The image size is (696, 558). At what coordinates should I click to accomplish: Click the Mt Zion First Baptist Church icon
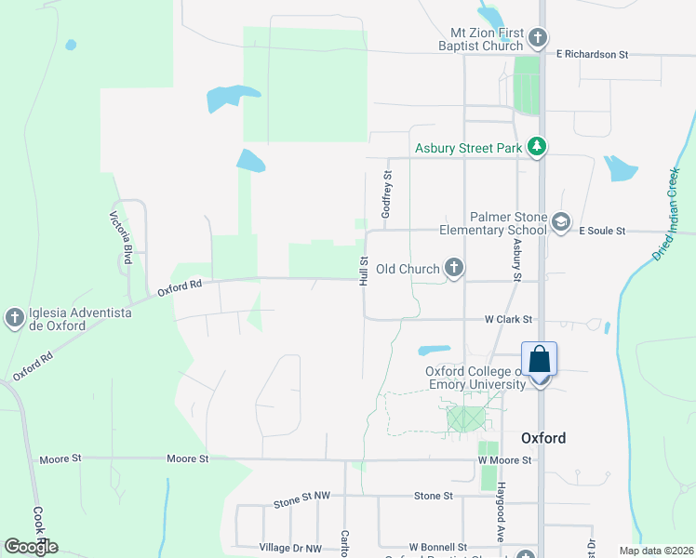pyautogui.click(x=537, y=38)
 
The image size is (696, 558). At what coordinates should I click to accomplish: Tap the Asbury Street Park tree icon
pyautogui.click(x=536, y=147)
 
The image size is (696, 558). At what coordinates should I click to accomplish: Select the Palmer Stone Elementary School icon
pyautogui.click(x=560, y=222)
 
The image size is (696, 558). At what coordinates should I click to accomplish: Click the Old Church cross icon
pyautogui.click(x=453, y=269)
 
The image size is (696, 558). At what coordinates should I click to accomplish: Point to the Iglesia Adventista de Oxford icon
pyautogui.click(x=14, y=318)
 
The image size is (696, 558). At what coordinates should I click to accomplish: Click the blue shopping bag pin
pyautogui.click(x=540, y=360)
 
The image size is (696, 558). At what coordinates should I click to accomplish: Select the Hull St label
pyautogui.click(x=365, y=272)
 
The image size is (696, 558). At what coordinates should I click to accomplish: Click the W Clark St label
pyautogui.click(x=508, y=318)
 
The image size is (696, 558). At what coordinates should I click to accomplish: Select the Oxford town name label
pyautogui.click(x=543, y=438)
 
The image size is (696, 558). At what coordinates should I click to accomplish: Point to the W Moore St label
pyautogui.click(x=504, y=459)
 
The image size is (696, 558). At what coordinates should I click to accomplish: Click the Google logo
pyautogui.click(x=31, y=546)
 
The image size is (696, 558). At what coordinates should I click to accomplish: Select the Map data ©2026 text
pyautogui.click(x=658, y=550)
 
